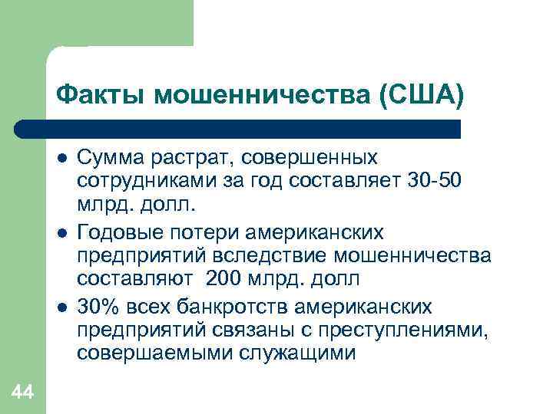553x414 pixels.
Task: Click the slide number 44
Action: click(x=22, y=393)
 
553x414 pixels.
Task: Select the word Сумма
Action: click(x=112, y=157)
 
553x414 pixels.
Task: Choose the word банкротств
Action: click(x=223, y=307)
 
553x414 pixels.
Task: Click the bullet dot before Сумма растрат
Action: click(x=61, y=158)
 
